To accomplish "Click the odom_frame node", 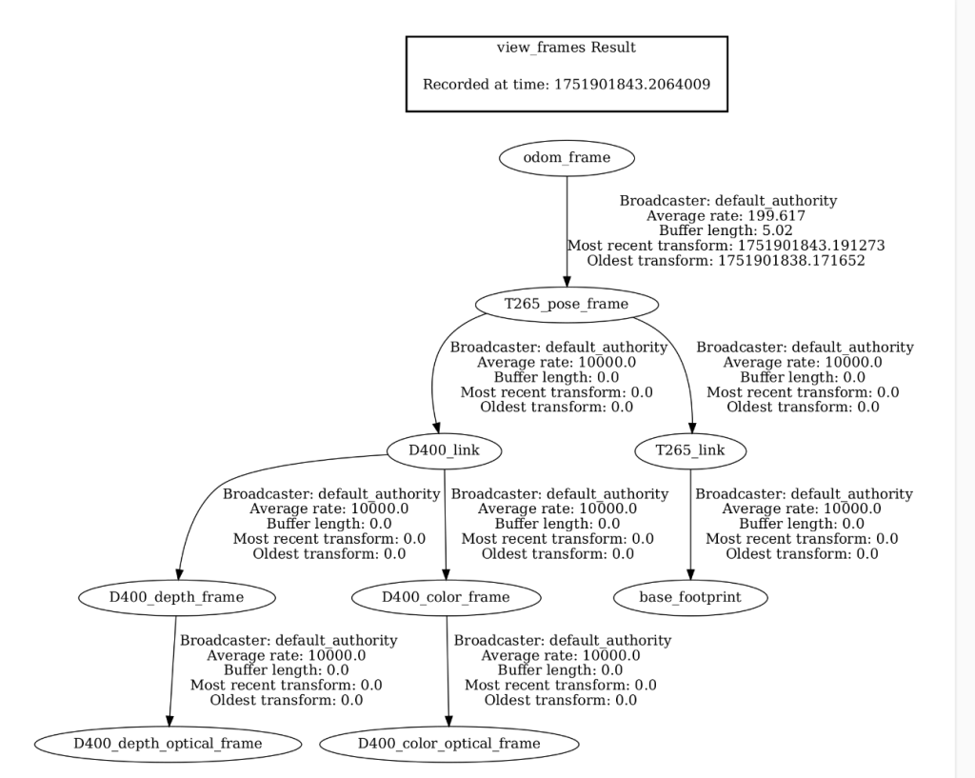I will tap(567, 158).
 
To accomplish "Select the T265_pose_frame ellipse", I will tap(567, 305).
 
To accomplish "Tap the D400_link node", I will tap(445, 450).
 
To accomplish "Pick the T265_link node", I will tap(689, 450).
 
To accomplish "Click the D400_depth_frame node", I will tap(176, 597).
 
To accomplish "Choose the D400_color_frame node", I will tap(446, 597).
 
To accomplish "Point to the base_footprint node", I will tap(690, 597).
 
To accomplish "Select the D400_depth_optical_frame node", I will tap(169, 744).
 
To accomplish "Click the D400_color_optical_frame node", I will tap(448, 744).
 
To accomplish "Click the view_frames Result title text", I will tap(567, 48).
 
